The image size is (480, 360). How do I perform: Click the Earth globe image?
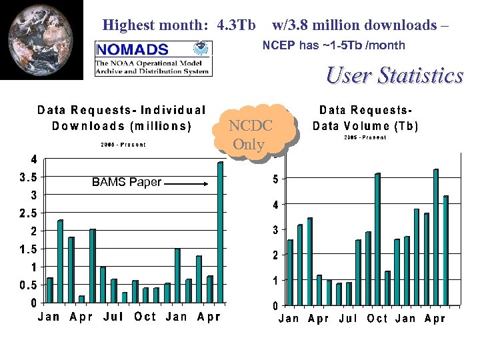(x=41, y=40)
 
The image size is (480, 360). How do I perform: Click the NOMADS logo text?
(x=133, y=49)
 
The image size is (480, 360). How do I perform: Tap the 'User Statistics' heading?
(x=394, y=75)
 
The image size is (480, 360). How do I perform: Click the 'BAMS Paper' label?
(x=126, y=182)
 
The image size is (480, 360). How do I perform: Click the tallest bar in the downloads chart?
(x=220, y=233)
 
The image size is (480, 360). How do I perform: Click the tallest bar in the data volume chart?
(x=435, y=237)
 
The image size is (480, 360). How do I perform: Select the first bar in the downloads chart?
(x=49, y=290)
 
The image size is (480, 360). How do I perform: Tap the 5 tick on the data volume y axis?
(x=274, y=179)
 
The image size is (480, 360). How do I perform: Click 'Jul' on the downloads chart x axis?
(x=113, y=317)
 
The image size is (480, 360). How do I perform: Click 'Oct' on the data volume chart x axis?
(x=377, y=319)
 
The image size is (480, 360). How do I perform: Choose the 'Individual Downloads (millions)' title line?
(x=121, y=125)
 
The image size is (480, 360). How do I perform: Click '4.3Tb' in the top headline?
(x=236, y=26)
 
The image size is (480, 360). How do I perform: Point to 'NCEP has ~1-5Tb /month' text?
(x=333, y=46)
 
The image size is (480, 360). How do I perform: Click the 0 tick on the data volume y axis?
(x=274, y=307)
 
